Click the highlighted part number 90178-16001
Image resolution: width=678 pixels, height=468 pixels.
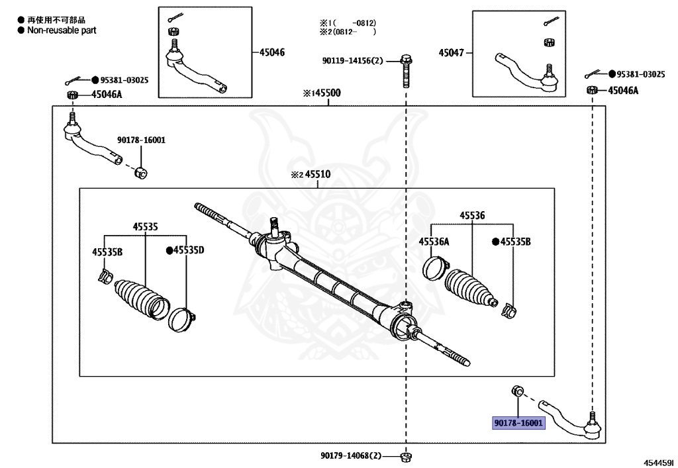(x=518, y=423)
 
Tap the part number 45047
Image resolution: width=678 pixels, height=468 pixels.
(x=453, y=52)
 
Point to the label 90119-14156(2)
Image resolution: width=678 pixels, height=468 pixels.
(x=353, y=61)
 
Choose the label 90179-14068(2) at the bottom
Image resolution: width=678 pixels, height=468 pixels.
(x=351, y=455)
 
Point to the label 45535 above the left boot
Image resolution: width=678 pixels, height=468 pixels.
(x=145, y=226)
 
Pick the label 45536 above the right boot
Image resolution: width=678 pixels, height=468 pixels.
(x=472, y=216)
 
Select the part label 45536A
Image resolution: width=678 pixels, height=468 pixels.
(x=434, y=242)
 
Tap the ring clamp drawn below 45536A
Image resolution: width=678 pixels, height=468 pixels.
(x=434, y=269)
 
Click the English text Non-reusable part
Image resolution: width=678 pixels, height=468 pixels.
(x=62, y=30)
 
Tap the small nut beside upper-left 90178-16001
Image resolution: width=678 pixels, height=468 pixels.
(x=140, y=173)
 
